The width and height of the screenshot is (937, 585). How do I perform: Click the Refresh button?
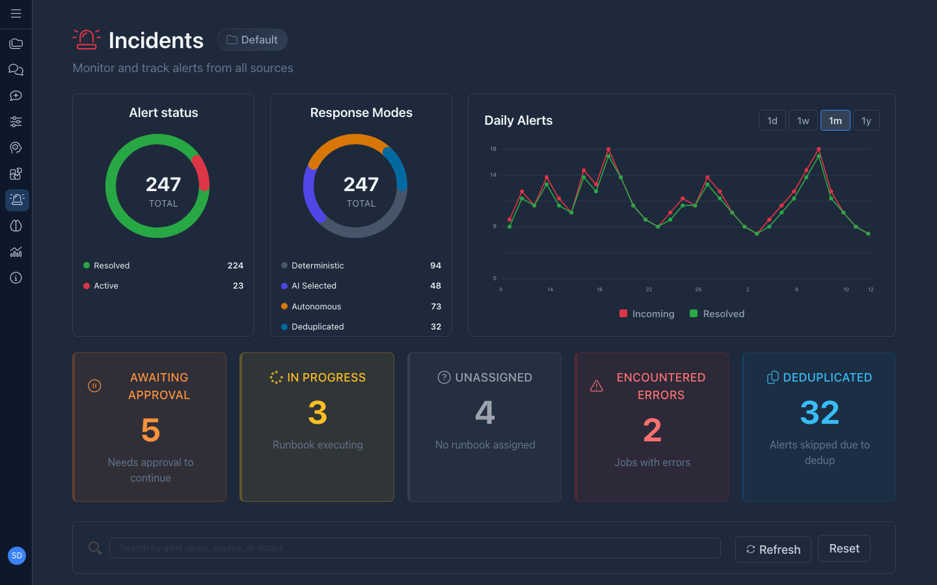[773, 549]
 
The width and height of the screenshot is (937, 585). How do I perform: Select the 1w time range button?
[803, 120]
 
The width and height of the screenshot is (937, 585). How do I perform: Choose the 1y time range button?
[866, 120]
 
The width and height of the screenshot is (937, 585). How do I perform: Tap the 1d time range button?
[772, 120]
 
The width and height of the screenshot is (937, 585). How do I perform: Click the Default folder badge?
[252, 40]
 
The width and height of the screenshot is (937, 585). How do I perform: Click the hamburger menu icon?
[16, 14]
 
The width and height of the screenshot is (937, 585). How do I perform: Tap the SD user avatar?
[17, 556]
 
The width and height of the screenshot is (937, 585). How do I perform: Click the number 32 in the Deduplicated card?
[819, 413]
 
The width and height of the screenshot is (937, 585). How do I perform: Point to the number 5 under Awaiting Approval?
[150, 430]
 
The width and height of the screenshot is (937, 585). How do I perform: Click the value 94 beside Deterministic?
[435, 265]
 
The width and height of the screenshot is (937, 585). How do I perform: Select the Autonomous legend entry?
[316, 306]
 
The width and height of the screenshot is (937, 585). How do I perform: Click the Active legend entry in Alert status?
[105, 285]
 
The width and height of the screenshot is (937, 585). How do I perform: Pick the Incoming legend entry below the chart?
[647, 313]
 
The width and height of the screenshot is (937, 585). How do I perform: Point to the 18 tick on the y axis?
[493, 149]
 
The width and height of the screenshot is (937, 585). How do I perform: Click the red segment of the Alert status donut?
[202, 172]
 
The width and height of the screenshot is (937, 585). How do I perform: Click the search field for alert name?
[414, 548]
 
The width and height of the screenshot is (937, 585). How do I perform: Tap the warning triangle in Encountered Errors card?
[596, 386]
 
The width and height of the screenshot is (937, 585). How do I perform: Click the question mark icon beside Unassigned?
[444, 378]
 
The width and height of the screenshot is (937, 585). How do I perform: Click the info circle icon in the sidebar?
[16, 278]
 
